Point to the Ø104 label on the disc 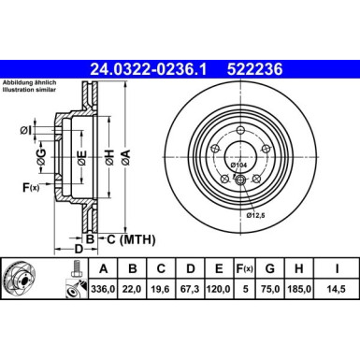[238, 165]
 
